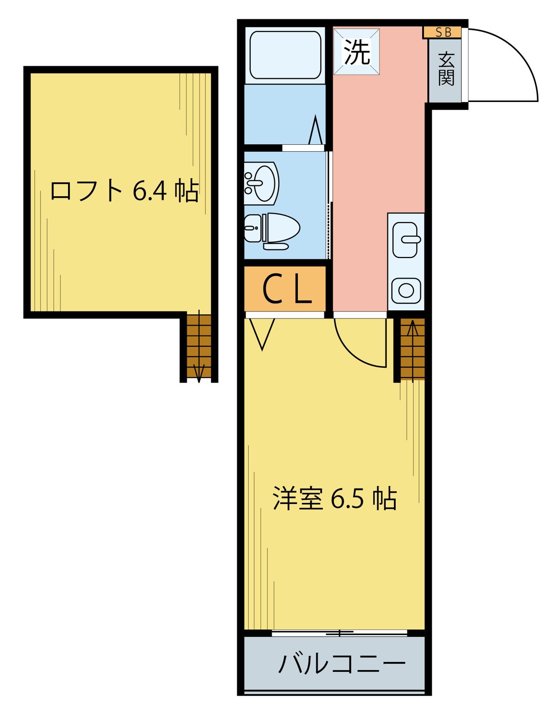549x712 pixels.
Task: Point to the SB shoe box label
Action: click(443, 33)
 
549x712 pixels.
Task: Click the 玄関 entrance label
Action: click(446, 69)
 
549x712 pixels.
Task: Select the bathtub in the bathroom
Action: click(285, 55)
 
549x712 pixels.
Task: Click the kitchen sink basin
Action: click(406, 239)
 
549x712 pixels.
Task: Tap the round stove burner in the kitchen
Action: click(406, 290)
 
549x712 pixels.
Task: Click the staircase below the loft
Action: click(199, 346)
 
